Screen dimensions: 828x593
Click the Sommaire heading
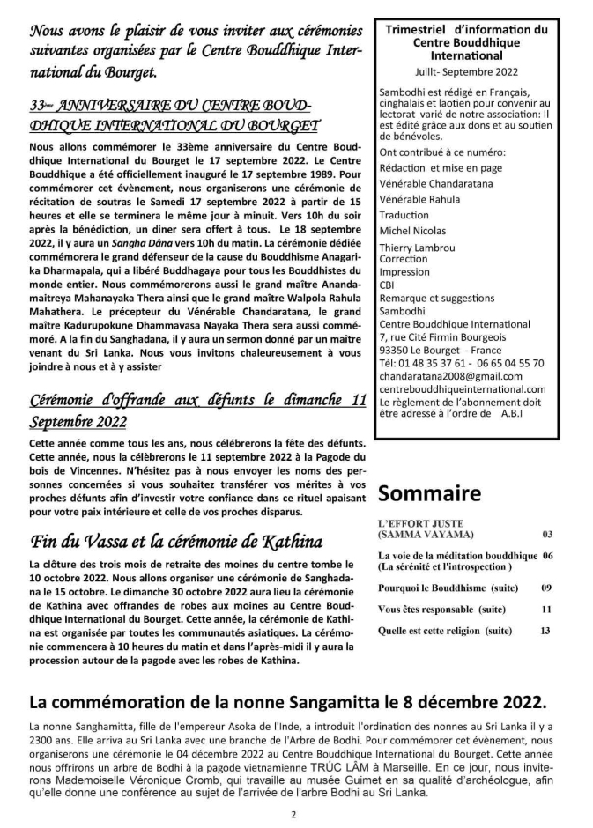430,492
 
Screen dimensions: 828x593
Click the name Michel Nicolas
413,230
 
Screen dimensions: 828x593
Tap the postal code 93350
395,350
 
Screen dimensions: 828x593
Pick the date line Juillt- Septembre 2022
465,70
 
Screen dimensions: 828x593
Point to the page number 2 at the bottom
293,815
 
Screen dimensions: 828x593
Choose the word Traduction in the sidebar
404,215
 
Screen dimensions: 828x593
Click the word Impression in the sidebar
404,272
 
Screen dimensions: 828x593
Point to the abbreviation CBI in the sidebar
387,285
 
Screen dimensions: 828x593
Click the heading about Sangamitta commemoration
287,702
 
